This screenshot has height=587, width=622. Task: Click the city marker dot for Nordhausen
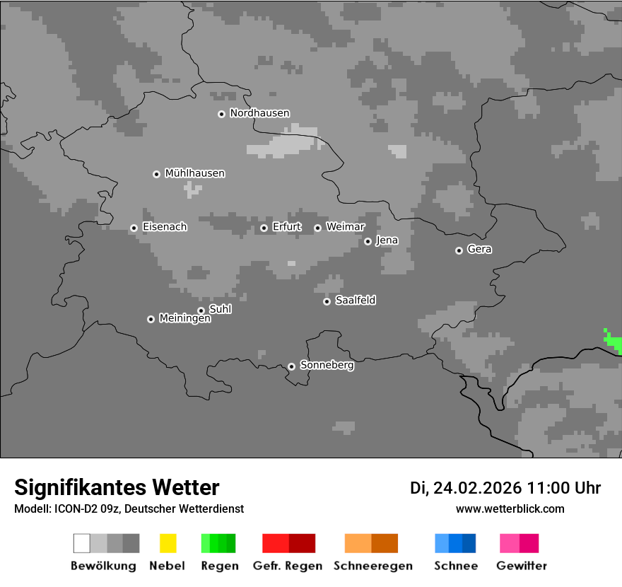pos(221,114)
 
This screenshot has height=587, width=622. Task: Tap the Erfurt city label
pos(287,227)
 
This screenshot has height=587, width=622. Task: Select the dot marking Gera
pos(459,250)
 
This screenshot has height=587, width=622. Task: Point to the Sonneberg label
pos(327,365)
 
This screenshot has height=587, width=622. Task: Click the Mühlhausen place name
pos(194,173)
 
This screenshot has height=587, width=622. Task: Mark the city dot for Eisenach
pos(134,228)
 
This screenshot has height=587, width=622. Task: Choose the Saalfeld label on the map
pos(355,301)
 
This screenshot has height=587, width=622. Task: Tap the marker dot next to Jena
pos(368,241)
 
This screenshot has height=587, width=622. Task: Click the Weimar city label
pos(345,227)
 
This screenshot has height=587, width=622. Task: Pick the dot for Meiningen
pos(151,319)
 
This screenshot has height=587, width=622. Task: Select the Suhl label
pos(220,309)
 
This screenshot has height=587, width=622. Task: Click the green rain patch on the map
pos(613,342)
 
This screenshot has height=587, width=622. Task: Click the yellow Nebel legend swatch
pos(168,543)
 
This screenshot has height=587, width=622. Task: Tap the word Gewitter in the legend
pos(522,566)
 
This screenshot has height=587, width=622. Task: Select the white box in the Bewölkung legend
pos(82,543)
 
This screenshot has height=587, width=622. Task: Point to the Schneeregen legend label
pos(372,566)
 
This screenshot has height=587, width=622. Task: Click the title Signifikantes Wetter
pos(117,487)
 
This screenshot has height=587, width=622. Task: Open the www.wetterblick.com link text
pos(510,508)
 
